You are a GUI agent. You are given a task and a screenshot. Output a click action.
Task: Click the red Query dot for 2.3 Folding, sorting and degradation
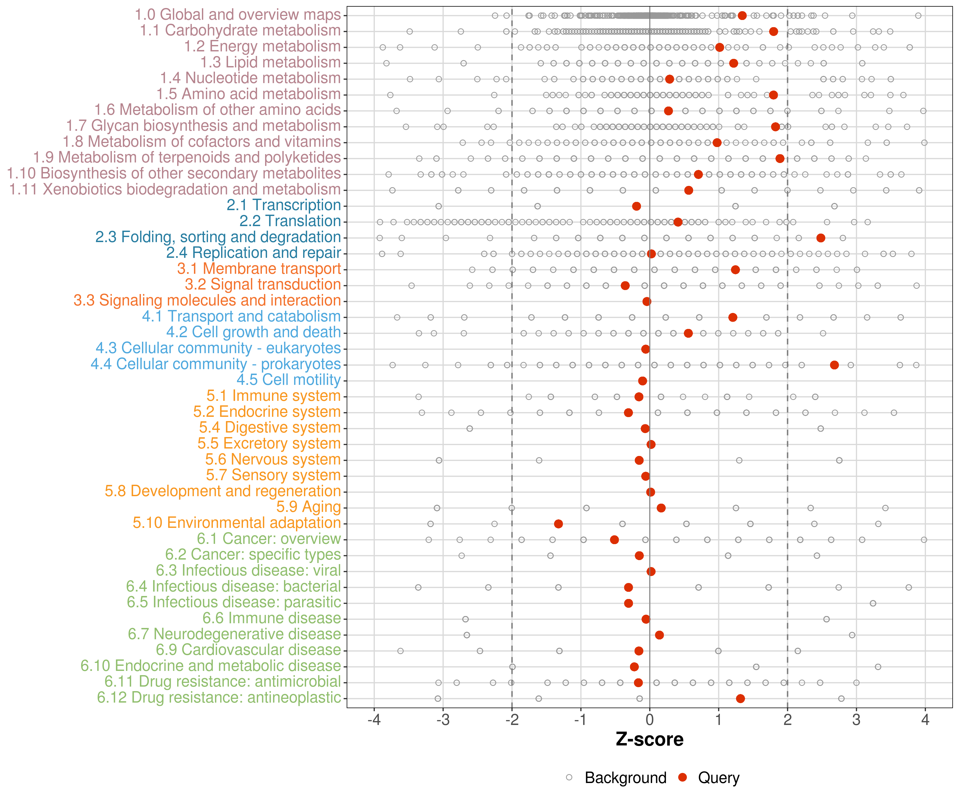(821, 238)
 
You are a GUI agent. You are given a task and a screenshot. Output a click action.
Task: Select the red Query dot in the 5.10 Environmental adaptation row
(558, 524)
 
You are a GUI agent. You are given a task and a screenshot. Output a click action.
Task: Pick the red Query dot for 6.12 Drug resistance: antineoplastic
(740, 699)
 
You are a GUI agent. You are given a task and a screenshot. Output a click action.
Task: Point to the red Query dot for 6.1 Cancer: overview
(614, 540)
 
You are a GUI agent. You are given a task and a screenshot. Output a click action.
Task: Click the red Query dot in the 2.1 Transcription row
(636, 206)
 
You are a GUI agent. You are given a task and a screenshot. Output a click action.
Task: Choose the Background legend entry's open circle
(569, 777)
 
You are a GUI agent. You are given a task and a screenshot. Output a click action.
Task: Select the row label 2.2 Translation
(290, 221)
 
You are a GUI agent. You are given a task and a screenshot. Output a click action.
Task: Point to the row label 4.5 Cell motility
(288, 380)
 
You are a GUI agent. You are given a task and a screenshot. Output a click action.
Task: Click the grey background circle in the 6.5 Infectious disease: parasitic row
(873, 603)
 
